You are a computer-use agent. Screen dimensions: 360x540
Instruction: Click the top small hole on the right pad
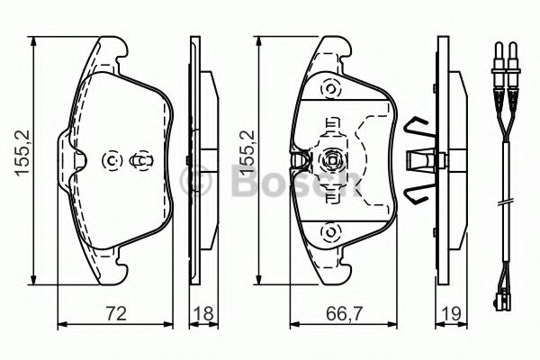pos(329,90)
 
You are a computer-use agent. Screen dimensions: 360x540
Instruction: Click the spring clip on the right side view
pos(416,159)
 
